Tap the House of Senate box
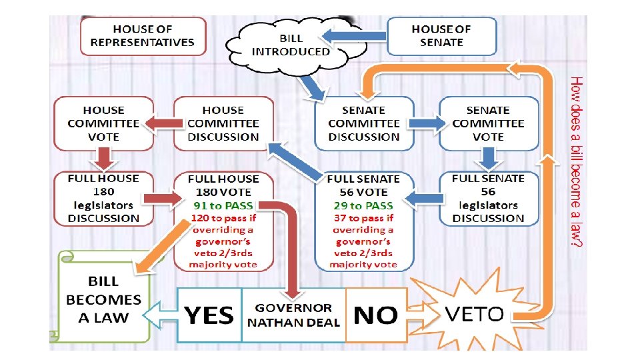point(441,36)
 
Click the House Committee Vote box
point(103,123)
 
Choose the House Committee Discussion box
point(223,123)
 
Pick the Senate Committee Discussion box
point(364,123)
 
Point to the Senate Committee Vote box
point(488,123)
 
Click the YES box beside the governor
point(209,315)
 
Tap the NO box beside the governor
point(376,315)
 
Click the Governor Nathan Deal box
point(293,315)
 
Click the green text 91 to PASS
point(223,205)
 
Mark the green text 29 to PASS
point(364,205)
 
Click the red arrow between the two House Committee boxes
point(163,123)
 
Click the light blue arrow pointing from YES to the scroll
point(160,315)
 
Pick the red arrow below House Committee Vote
point(103,158)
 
